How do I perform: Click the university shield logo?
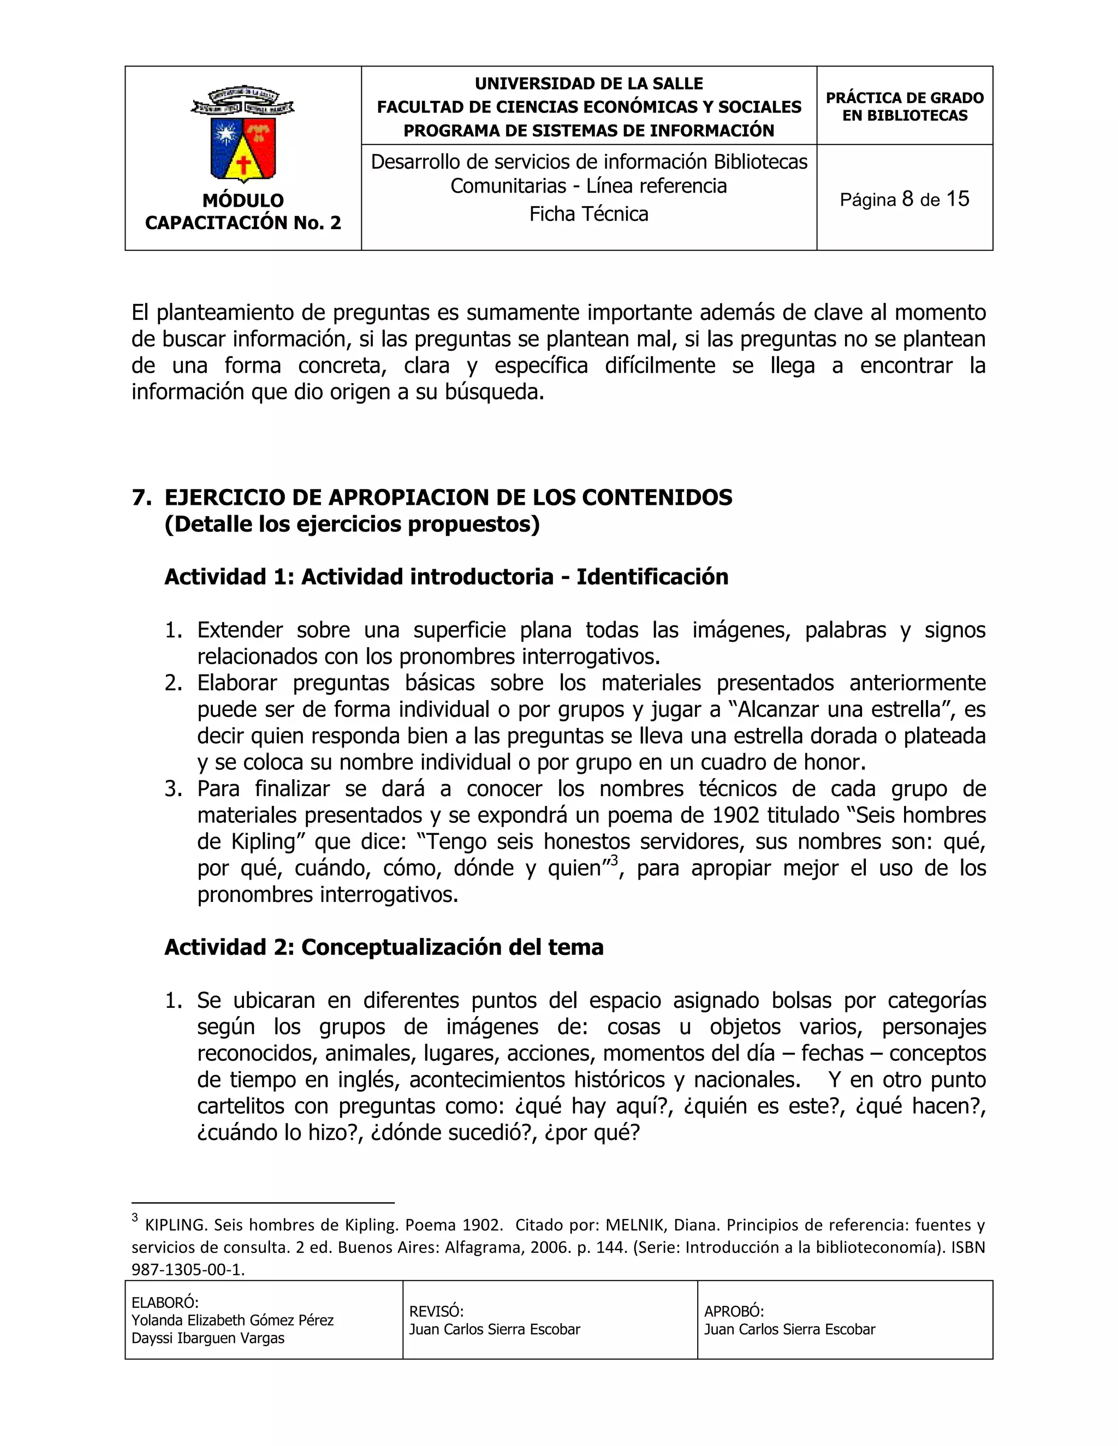(x=243, y=134)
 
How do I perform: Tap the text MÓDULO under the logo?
(x=243, y=201)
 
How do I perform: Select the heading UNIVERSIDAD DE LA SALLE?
(x=589, y=83)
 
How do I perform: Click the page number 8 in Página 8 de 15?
(x=908, y=199)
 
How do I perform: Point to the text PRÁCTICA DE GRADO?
(x=904, y=98)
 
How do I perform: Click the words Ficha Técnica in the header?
(x=589, y=214)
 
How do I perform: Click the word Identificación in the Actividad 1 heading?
(x=652, y=577)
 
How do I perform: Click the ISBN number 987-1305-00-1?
(x=188, y=1270)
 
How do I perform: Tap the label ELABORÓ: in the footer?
(x=165, y=1303)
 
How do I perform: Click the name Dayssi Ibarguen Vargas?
(x=208, y=1339)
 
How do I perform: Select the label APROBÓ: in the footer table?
(x=734, y=1312)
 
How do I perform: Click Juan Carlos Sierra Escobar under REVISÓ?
(x=495, y=1329)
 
